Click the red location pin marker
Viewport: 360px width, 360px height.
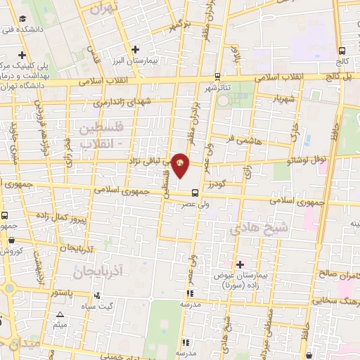click(181, 164)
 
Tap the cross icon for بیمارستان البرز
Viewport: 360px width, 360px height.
click(136, 49)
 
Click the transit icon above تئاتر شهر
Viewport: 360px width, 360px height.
click(217, 77)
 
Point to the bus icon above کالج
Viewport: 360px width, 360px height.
click(342, 51)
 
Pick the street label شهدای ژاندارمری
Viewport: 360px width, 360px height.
click(128, 102)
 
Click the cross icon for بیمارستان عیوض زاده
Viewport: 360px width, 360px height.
click(240, 264)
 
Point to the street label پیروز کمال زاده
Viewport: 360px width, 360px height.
click(72, 217)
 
